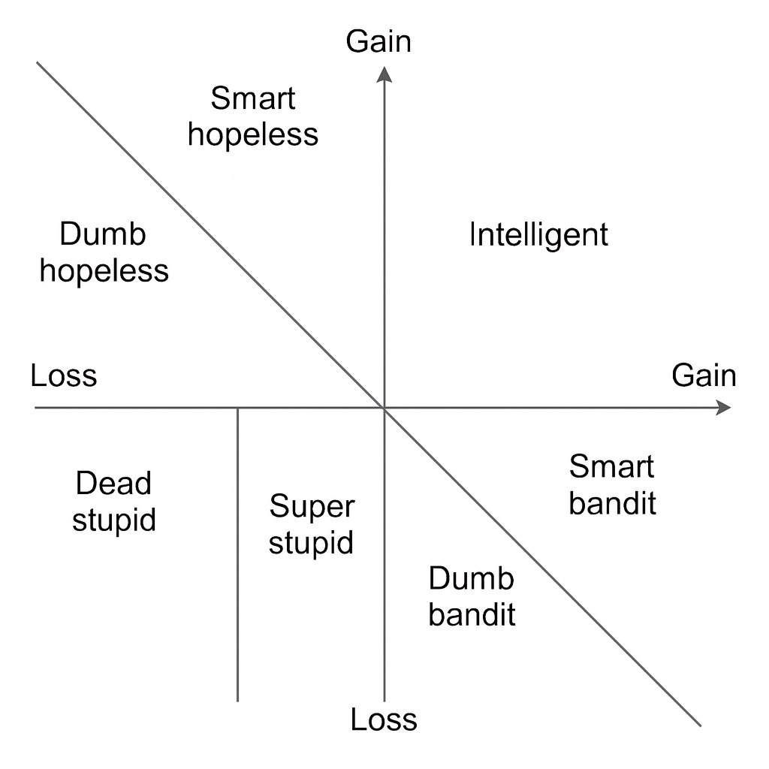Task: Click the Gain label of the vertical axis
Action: [378, 42]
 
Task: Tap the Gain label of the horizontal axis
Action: [704, 375]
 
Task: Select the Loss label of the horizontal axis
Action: [64, 375]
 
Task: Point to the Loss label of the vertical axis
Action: [384, 720]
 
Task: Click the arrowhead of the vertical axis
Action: [384, 73]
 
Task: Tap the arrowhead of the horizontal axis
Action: [723, 408]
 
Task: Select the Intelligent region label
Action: [538, 235]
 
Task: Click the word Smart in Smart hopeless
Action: [253, 98]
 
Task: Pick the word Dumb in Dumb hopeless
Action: [102, 235]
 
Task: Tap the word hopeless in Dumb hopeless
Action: [104, 270]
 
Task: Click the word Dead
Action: [113, 484]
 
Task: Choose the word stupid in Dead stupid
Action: [114, 520]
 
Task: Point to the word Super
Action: [311, 507]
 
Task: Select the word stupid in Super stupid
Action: [311, 542]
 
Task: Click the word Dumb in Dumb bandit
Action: [472, 579]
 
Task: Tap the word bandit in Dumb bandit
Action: [472, 615]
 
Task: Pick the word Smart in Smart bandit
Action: [612, 467]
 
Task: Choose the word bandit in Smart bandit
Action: [613, 503]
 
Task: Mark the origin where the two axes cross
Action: [384, 408]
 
